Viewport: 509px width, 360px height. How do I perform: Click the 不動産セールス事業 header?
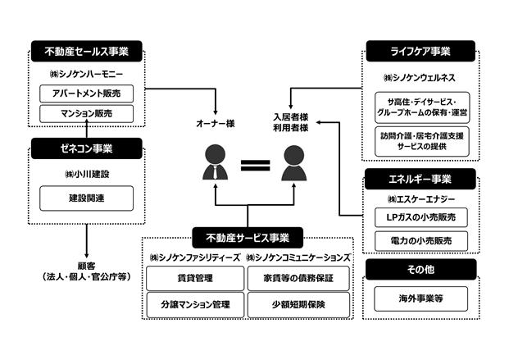tap(87, 52)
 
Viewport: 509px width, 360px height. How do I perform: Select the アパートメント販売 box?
tap(86, 93)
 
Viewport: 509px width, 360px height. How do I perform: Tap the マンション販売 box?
tap(86, 113)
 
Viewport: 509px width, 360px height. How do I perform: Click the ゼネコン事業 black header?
tap(87, 148)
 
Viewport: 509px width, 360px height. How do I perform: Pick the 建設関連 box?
tap(86, 198)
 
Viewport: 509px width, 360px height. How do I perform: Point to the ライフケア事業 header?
tap(420, 52)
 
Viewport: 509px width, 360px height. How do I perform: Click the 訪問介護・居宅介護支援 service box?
tap(422, 141)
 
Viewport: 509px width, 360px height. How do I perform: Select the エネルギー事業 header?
tap(420, 179)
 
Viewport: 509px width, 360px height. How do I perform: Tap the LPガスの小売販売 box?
tap(421, 217)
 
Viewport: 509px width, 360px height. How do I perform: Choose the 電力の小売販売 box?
tap(421, 241)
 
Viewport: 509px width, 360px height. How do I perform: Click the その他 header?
tap(421, 269)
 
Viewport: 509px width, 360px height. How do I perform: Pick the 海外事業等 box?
tap(421, 298)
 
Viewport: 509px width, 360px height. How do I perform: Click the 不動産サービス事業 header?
tap(248, 238)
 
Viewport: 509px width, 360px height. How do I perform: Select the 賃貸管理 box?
tap(195, 278)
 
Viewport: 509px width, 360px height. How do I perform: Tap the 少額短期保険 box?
tap(298, 305)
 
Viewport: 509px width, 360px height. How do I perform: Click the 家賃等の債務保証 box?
tap(298, 278)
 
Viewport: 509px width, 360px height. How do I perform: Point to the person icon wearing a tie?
tap(216, 162)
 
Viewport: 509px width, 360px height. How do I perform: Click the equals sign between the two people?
tap(255, 165)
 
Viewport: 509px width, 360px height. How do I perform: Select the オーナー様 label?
tap(216, 124)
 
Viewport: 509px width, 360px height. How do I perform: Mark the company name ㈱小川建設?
tap(87, 175)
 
